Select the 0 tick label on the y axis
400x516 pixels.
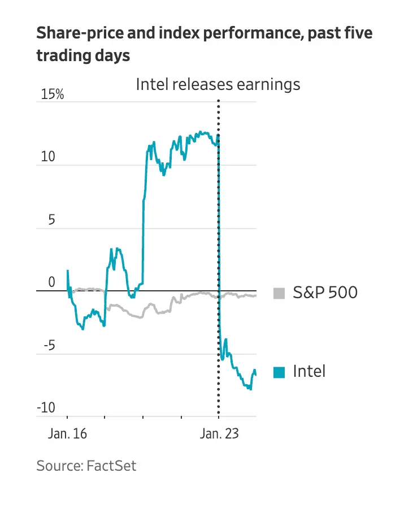point(51,282)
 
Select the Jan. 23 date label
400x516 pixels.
point(219,435)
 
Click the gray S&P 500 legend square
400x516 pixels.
point(279,293)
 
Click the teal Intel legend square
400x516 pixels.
point(279,372)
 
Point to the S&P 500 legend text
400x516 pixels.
point(325,293)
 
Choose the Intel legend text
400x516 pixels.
point(309,372)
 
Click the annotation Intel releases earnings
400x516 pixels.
point(218,85)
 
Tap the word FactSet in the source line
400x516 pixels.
point(112,466)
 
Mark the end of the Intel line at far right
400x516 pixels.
point(256,375)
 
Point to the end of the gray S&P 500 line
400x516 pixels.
point(256,295)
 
